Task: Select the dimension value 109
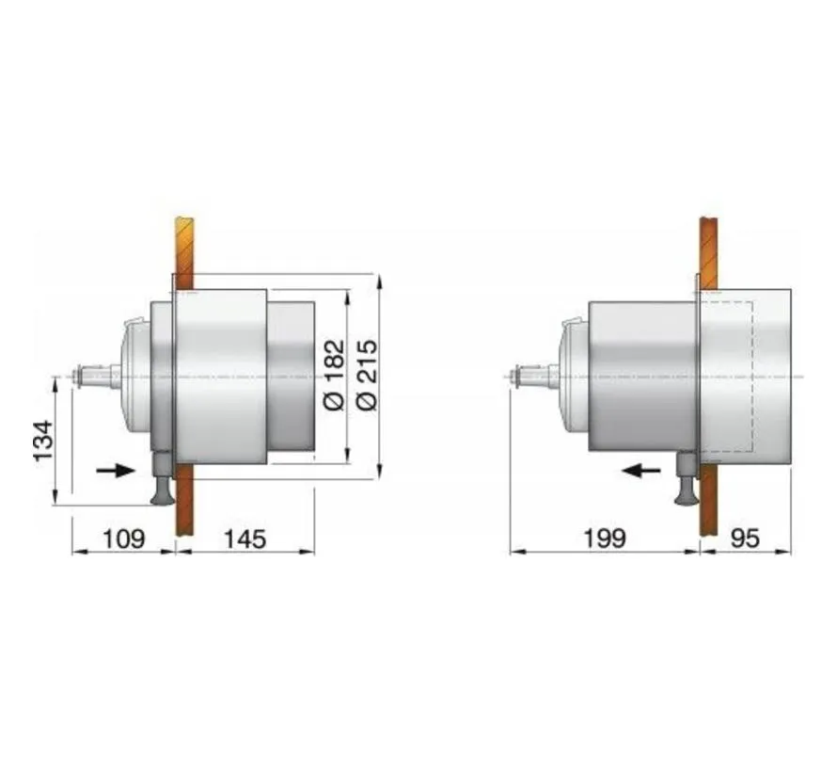[x=123, y=539]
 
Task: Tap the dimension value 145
[x=245, y=539]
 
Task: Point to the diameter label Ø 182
[x=334, y=376]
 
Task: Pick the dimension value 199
[x=604, y=539]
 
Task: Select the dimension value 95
[x=745, y=539]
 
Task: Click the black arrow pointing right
[x=116, y=470]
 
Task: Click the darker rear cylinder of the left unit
[x=291, y=377]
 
